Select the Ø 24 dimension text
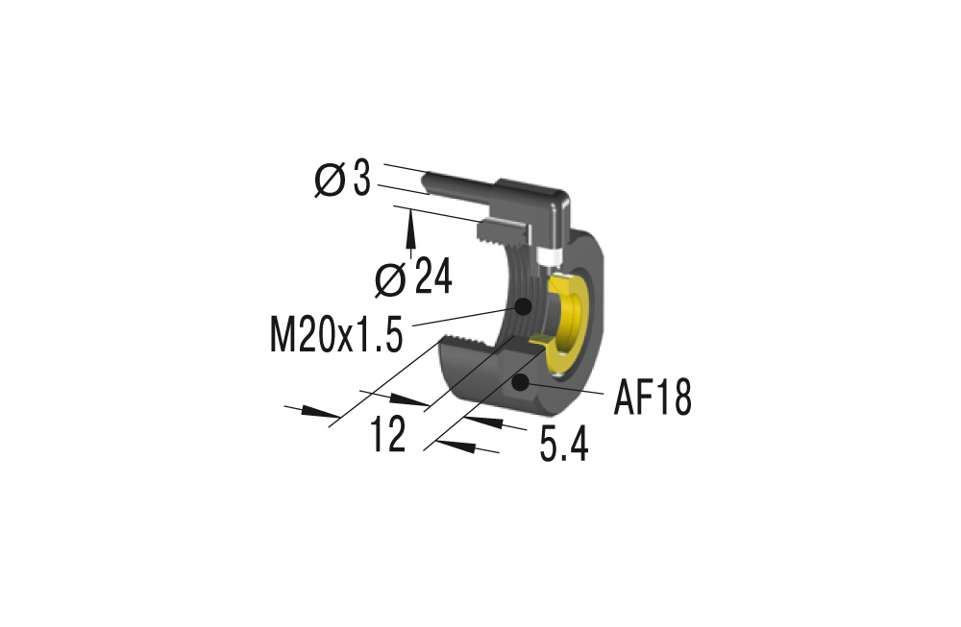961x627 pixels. pos(412,278)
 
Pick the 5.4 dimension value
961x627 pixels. pos(563,446)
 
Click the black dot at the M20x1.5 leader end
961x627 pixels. pos(524,307)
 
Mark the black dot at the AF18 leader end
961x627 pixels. pos(522,384)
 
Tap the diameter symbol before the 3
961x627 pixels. pos(330,181)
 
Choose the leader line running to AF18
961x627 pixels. pos(567,390)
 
